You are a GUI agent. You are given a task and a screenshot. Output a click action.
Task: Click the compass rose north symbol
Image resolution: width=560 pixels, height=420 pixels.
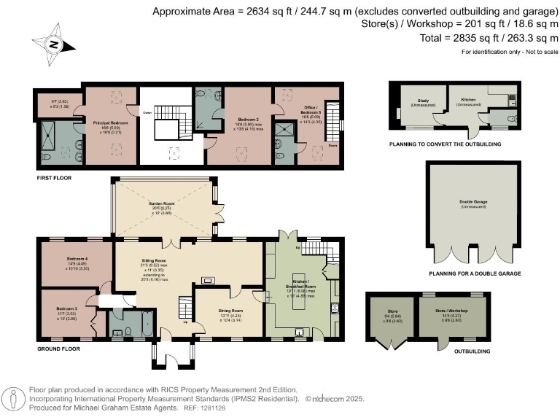[x=52, y=43]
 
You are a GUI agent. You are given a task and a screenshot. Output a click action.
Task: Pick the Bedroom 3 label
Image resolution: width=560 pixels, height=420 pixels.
[x=66, y=308]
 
